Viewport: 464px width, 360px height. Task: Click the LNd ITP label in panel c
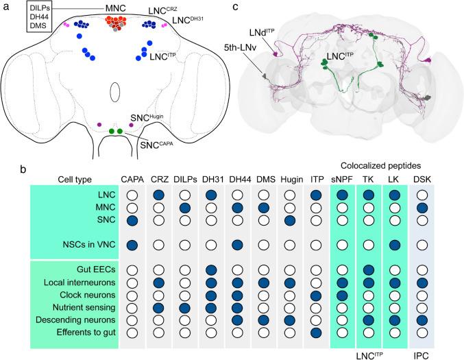pyautogui.click(x=267, y=33)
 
